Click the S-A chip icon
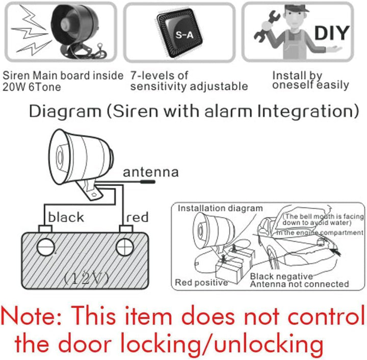pyautogui.click(x=179, y=34)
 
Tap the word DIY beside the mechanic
pyautogui.click(x=332, y=33)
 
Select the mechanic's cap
pyautogui.click(x=296, y=9)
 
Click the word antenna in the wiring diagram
pyautogui.click(x=151, y=172)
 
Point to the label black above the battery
pyautogui.click(x=66, y=217)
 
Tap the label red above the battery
pyautogui.click(x=138, y=217)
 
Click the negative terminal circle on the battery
pyautogui.click(x=46, y=247)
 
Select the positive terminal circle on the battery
pyautogui.click(x=125, y=247)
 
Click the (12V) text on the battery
pyautogui.click(x=87, y=278)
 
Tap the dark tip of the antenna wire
pyautogui.click(x=147, y=182)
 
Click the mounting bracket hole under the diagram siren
pyautogui.click(x=94, y=194)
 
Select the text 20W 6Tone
pyautogui.click(x=32, y=87)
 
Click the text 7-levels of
pyautogui.click(x=159, y=75)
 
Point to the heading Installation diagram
pyautogui.click(x=220, y=208)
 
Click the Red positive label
pyautogui.click(x=201, y=282)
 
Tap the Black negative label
pyautogui.click(x=281, y=276)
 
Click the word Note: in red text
pyautogui.click(x=32, y=316)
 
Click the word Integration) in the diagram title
pyautogui.click(x=308, y=111)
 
